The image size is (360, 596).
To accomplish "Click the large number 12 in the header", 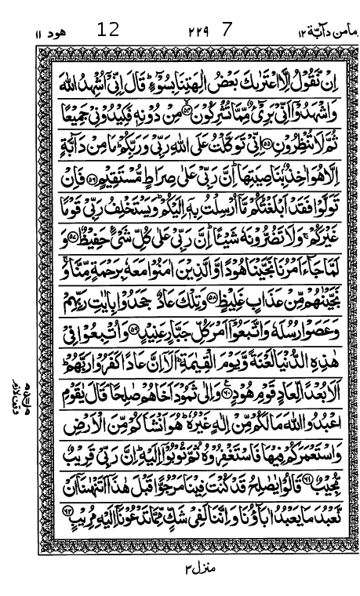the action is pyautogui.click(x=108, y=31).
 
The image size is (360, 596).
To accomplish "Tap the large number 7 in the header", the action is pyautogui.click(x=228, y=31).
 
